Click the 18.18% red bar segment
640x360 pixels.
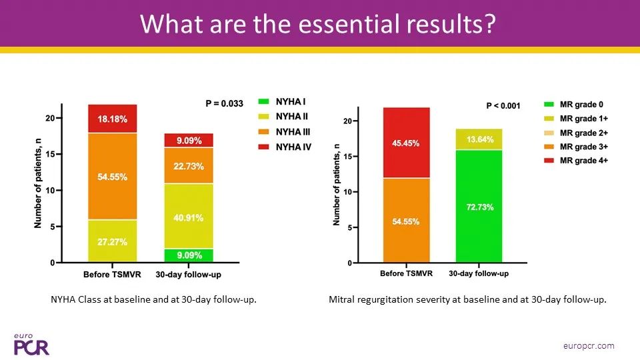[112, 119]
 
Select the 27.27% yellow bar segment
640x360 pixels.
[112, 241]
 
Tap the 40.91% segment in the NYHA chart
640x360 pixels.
[189, 216]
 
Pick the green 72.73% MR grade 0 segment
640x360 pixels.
[479, 206]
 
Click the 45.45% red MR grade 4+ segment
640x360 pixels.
[406, 143]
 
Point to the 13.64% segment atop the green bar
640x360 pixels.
[479, 139]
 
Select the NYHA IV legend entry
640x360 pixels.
[285, 147]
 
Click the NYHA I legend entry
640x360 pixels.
[282, 101]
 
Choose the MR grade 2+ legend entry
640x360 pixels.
[576, 133]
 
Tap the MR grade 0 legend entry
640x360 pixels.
[573, 105]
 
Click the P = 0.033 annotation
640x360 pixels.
[224, 104]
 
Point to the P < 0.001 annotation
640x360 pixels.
[503, 106]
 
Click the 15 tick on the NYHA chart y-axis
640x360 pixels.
[54, 154]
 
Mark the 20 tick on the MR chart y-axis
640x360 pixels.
[350, 121]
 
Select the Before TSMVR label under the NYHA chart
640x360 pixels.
[112, 274]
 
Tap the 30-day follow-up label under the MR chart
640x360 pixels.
[479, 273]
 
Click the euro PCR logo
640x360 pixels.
[31, 345]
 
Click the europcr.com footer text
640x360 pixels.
[589, 346]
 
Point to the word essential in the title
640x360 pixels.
[348, 24]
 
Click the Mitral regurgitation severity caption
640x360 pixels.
[467, 299]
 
